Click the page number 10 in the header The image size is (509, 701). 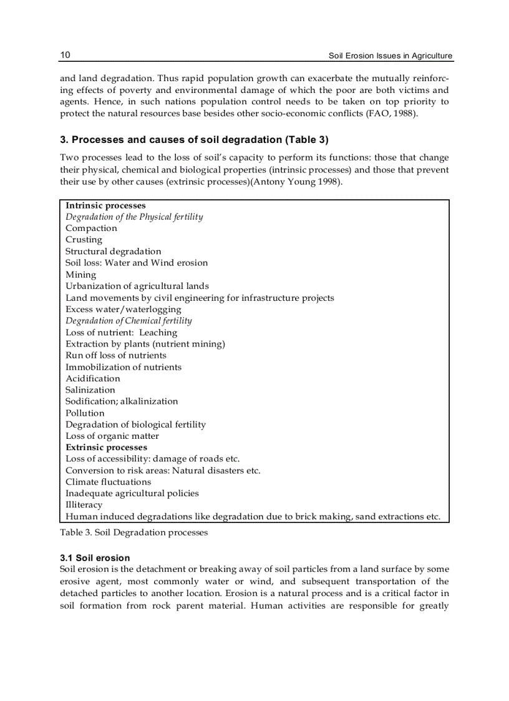[65, 56]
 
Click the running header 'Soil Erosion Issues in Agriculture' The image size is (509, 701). [390, 56]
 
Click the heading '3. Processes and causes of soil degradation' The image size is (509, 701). [169, 140]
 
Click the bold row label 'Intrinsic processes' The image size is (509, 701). [105, 205]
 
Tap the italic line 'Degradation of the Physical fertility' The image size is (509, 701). [134, 217]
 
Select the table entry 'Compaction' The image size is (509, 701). [91, 228]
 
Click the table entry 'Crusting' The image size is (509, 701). [84, 240]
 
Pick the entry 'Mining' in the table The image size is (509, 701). [81, 275]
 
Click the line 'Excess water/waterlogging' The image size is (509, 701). [124, 309]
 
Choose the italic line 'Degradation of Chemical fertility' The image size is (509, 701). [128, 321]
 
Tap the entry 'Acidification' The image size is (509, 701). [93, 378]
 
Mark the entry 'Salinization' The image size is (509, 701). [90, 390]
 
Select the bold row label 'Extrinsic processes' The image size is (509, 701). [106, 448]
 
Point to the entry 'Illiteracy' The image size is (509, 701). [84, 505]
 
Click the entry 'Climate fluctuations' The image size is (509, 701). [108, 482]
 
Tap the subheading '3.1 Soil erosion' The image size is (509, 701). [95, 557]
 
